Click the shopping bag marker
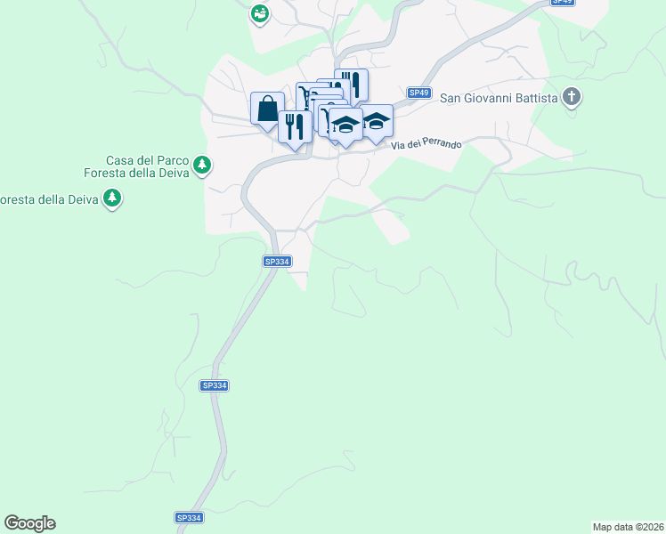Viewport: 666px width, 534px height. coord(267,109)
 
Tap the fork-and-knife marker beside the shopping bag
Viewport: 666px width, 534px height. coord(295,125)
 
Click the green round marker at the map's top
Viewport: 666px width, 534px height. coord(259,12)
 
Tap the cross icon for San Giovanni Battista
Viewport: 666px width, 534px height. coord(572,97)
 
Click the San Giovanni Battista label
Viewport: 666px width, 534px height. coord(499,97)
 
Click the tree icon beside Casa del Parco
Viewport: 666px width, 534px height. coord(203,164)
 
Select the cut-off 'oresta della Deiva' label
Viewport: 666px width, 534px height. coord(46,199)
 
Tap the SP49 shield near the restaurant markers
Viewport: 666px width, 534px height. coord(419,93)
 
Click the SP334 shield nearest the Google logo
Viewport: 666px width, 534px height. coord(189,518)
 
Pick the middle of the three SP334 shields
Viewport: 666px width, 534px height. coord(214,385)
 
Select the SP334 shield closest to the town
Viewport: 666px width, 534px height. coord(277,261)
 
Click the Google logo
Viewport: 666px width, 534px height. coord(29,523)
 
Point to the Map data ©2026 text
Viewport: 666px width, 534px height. coord(629,526)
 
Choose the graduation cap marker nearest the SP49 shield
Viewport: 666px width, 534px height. coord(377,121)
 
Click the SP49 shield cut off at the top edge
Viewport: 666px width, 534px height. coord(562,3)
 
